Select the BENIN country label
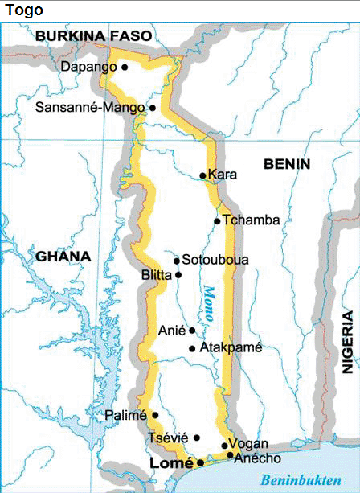click(286, 164)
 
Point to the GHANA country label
click(63, 257)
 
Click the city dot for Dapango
click(125, 68)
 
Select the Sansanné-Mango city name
click(99, 107)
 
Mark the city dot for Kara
click(203, 175)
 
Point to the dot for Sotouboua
click(177, 260)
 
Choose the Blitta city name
click(156, 275)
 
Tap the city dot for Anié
click(192, 330)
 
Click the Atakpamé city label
click(229, 348)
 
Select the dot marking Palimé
click(155, 415)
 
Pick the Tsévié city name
click(167, 438)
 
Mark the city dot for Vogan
click(224, 445)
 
